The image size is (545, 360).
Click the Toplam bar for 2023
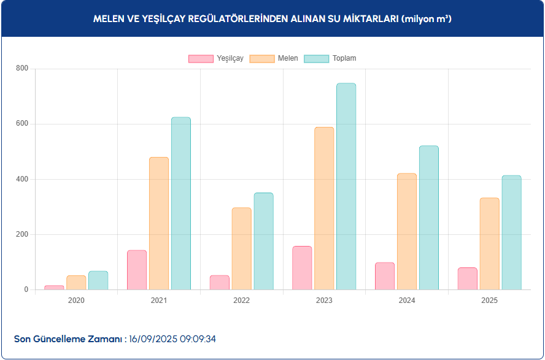(346, 186)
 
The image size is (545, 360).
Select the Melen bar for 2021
(159, 223)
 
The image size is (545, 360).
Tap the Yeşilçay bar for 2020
(54, 287)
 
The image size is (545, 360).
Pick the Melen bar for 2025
(489, 243)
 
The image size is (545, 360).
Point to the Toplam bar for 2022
(263, 241)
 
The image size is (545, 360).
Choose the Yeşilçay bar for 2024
(385, 276)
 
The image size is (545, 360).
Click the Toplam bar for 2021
(181, 204)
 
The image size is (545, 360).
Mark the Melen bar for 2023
(324, 209)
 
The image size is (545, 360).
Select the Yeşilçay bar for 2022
(220, 282)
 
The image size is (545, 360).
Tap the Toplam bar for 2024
(429, 218)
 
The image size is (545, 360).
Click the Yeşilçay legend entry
(216, 58)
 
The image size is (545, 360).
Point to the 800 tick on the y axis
(22, 69)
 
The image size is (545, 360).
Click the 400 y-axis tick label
(22, 179)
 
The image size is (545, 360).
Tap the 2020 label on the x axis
(76, 301)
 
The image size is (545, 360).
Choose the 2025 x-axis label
(489, 301)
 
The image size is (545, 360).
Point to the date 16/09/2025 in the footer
(153, 339)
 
